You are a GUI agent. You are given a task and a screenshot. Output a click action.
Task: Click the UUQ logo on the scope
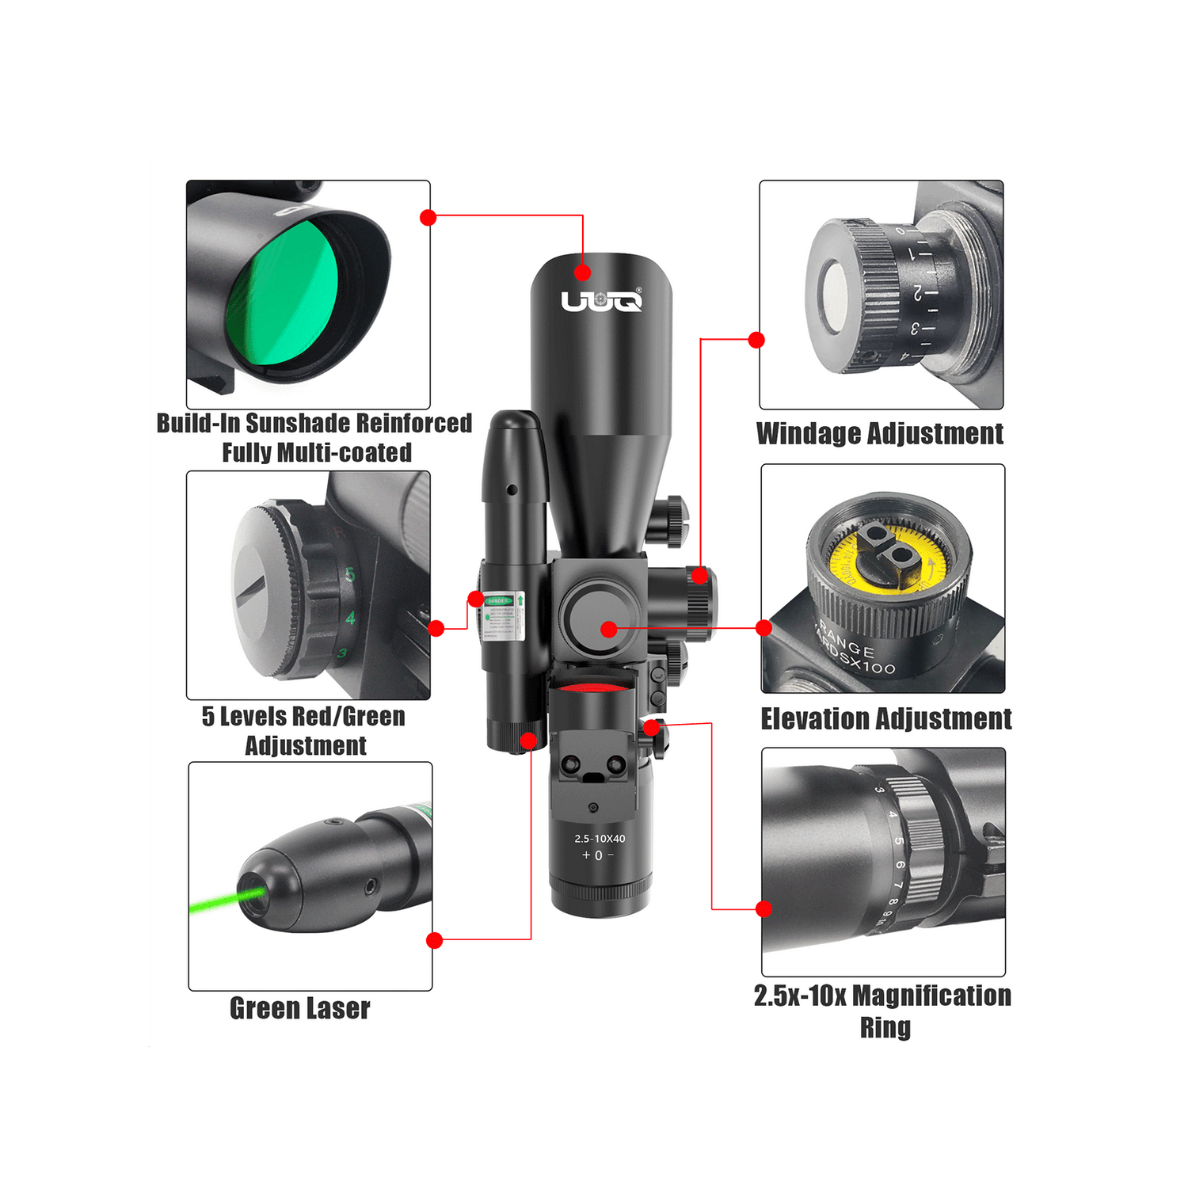click(601, 301)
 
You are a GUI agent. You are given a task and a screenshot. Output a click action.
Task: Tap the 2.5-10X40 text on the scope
click(600, 838)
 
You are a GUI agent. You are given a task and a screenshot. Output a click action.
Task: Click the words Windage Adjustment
click(879, 434)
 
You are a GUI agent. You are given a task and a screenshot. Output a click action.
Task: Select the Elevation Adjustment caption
click(885, 719)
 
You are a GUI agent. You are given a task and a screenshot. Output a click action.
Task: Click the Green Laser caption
click(299, 1008)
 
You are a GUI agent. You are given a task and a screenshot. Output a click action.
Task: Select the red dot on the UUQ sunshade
click(583, 273)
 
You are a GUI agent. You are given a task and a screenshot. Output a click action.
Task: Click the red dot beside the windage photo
click(756, 340)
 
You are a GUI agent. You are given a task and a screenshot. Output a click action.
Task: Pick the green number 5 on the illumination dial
click(349, 575)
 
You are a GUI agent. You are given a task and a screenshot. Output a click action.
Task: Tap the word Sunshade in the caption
click(299, 423)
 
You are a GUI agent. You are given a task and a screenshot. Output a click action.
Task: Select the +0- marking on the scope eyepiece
click(598, 855)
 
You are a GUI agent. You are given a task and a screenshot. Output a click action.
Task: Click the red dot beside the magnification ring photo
click(763, 908)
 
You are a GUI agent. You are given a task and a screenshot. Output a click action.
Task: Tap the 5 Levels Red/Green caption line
click(303, 717)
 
